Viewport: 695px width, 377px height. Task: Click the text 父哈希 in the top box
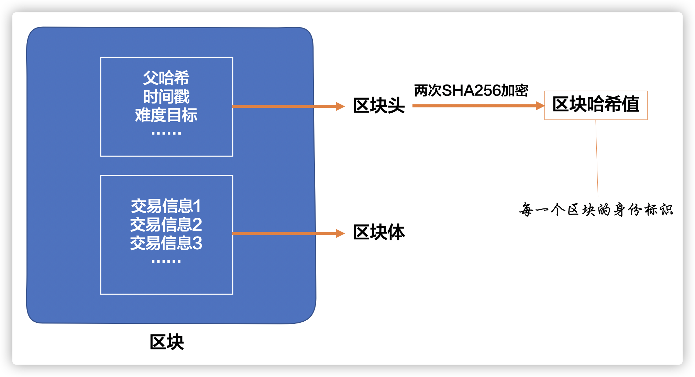(x=166, y=78)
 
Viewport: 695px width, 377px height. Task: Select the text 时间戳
(x=166, y=97)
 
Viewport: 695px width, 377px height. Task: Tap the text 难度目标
(x=166, y=115)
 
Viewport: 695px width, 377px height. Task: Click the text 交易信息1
(x=166, y=206)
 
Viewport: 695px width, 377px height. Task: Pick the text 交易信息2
(x=166, y=225)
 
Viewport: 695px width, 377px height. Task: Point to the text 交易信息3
(x=166, y=243)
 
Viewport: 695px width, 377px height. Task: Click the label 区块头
(x=379, y=105)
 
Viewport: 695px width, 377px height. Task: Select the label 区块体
(x=379, y=232)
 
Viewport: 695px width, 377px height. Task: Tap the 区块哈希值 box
(x=596, y=105)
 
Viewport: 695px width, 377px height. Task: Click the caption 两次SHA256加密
(x=471, y=91)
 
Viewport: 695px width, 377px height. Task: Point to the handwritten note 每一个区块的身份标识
(x=596, y=209)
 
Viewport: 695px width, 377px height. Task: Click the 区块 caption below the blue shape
(x=167, y=342)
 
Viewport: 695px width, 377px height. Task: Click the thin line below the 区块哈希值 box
(x=597, y=158)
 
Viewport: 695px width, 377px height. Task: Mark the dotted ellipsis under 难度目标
(x=166, y=133)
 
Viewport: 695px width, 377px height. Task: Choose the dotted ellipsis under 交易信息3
(x=166, y=262)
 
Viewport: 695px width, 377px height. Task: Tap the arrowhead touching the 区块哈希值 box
(x=540, y=106)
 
